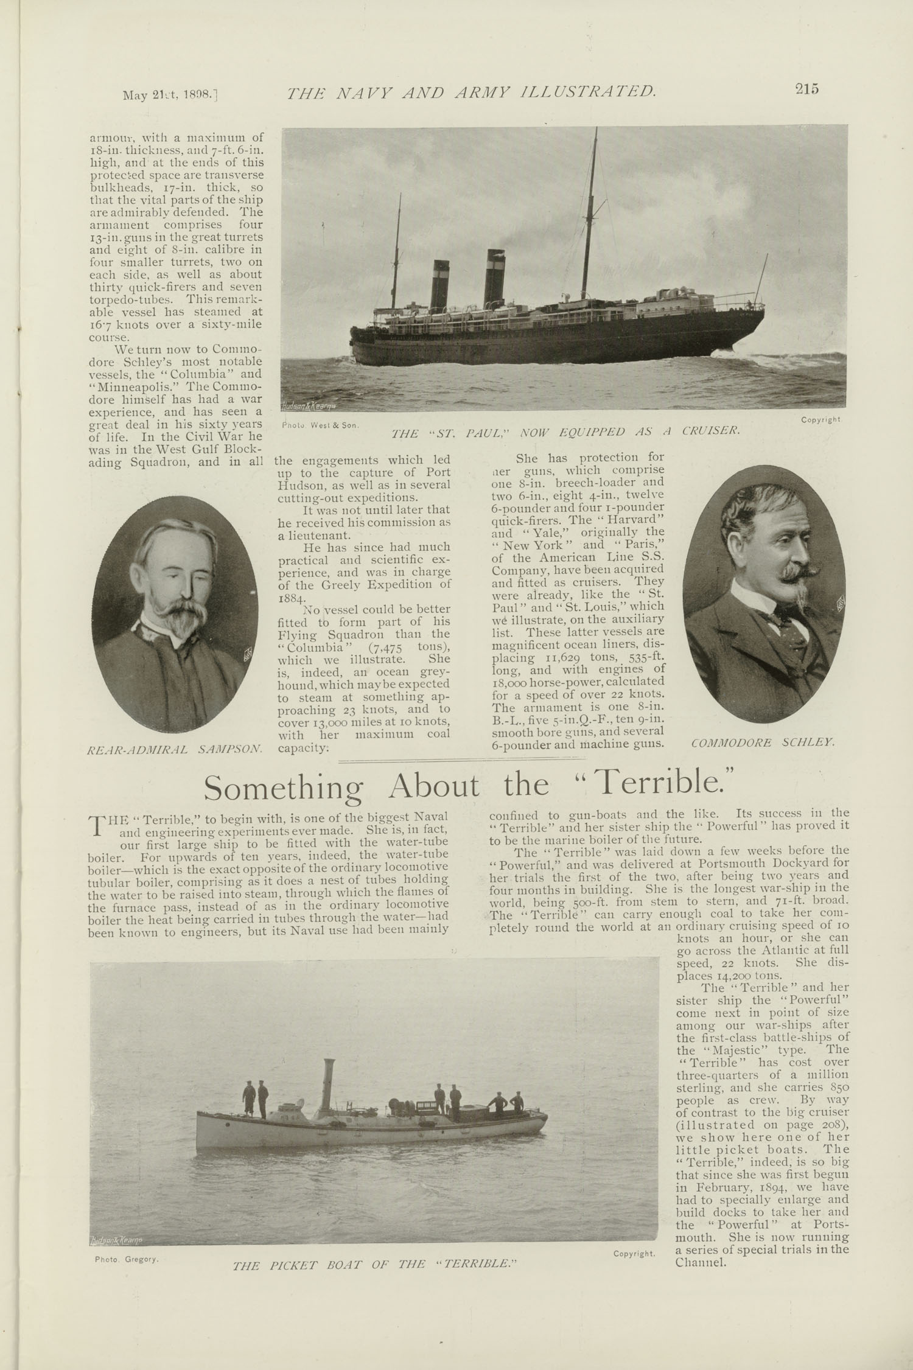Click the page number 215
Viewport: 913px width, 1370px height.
pyautogui.click(x=806, y=89)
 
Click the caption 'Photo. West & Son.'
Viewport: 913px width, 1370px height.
pyautogui.click(x=320, y=425)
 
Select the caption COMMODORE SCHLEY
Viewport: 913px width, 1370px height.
pyautogui.click(x=763, y=743)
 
